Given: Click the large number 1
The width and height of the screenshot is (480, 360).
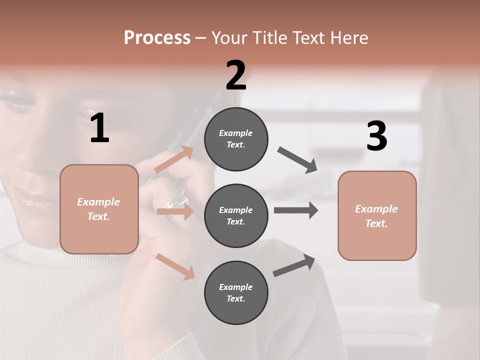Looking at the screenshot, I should [99, 128].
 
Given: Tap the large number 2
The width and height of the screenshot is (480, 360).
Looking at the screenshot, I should [236, 75].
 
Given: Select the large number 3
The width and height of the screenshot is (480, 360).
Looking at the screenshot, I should [376, 136].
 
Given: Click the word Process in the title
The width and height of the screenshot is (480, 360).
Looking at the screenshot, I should [157, 37].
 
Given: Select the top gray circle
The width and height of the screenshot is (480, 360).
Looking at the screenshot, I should [236, 139].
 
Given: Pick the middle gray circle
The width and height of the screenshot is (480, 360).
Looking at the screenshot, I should [236, 216].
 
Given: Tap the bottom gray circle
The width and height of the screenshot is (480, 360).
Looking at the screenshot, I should [236, 293].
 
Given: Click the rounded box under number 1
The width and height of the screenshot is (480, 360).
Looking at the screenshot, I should [99, 209].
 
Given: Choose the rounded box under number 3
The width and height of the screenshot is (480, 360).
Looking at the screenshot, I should [377, 216].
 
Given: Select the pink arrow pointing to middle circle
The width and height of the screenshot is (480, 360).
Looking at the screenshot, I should [175, 211].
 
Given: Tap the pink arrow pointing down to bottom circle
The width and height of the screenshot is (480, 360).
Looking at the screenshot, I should [175, 266].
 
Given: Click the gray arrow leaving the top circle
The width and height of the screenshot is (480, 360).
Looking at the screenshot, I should [297, 160].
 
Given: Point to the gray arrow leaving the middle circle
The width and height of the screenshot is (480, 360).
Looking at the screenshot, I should [296, 210].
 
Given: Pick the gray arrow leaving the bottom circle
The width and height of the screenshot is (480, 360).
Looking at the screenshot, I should [294, 265].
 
